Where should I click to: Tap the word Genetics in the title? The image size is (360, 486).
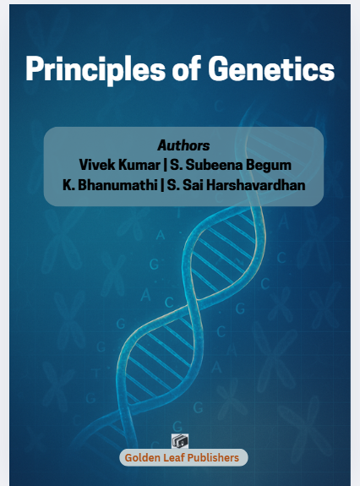pos(271,68)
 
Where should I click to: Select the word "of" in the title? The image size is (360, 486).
pos(187,68)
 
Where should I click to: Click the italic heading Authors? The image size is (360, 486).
pos(183,145)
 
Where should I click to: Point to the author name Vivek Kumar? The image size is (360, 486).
pos(119,165)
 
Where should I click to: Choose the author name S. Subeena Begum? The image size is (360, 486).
pos(231,165)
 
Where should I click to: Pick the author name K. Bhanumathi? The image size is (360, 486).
pos(110,185)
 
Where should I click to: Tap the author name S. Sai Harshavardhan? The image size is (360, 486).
pos(236,185)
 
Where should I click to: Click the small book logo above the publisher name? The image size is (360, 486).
pos(180,441)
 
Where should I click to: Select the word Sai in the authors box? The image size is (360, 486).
pos(192,185)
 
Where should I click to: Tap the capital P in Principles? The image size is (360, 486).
pos(35,68)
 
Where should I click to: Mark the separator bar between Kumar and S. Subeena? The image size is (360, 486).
pos(165,165)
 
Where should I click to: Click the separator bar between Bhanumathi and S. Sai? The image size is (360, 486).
pos(162,185)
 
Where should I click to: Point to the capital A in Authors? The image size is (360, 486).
pos(162,145)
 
